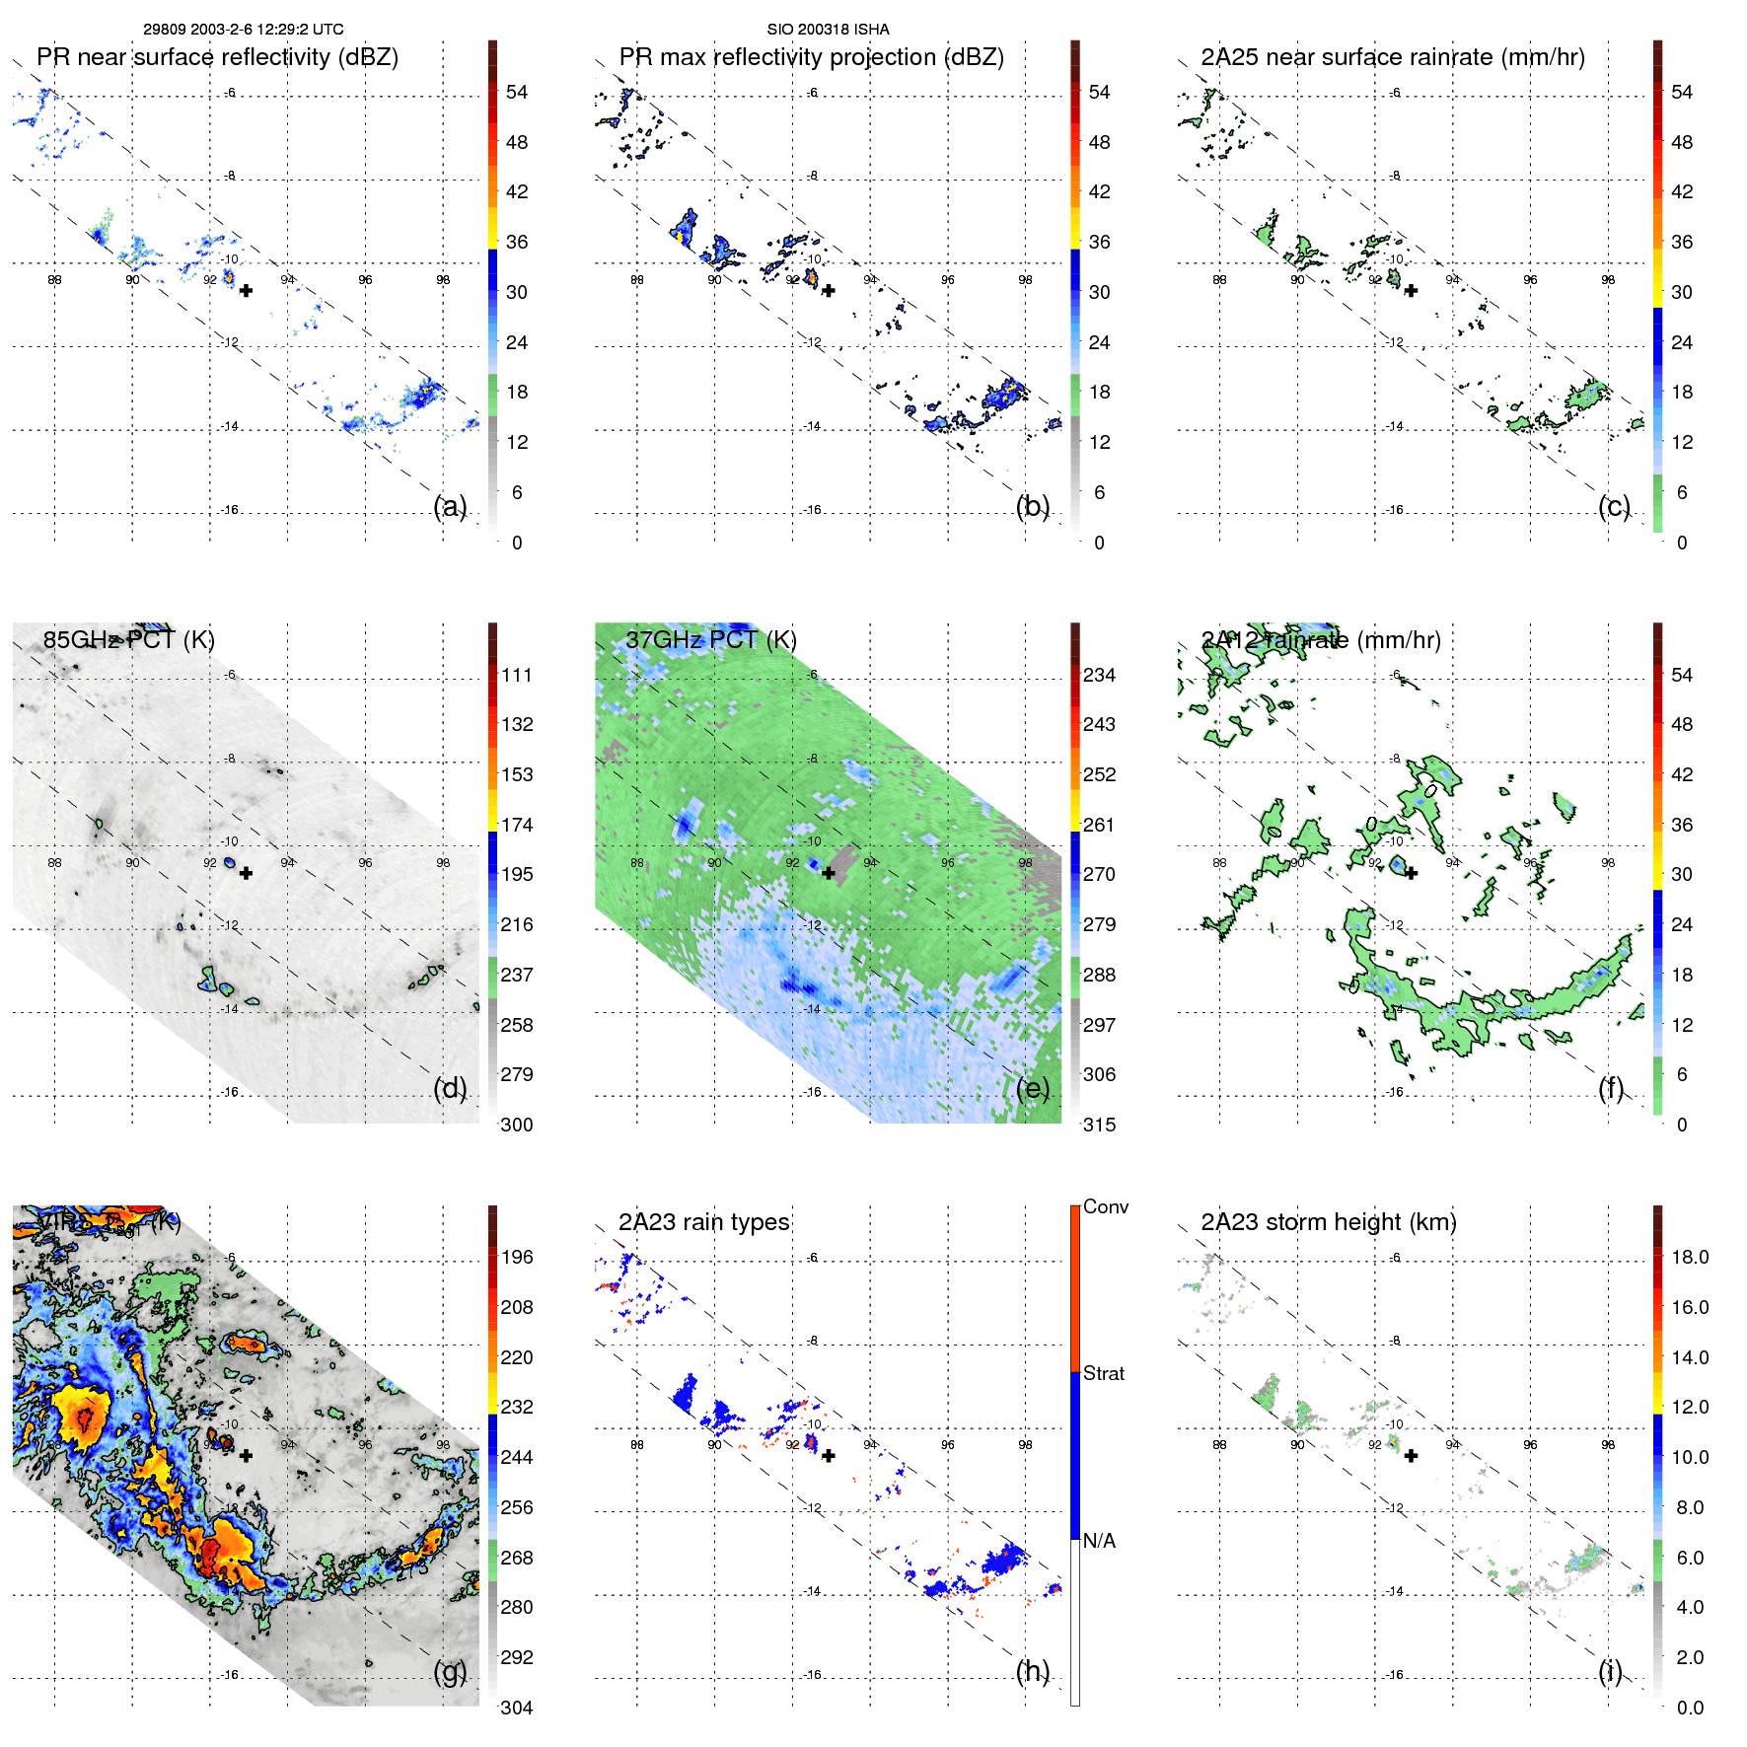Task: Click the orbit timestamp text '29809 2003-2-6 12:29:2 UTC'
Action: [243, 30]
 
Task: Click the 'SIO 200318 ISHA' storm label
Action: [828, 30]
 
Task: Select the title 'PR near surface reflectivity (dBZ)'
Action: [217, 57]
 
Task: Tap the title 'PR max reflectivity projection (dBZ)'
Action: [811, 57]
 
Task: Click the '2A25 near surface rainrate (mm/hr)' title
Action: [1392, 57]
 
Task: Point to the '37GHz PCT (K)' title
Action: [710, 640]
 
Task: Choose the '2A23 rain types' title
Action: [703, 1222]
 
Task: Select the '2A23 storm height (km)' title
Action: [1328, 1222]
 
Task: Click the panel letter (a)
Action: [450, 506]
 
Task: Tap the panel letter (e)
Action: [1033, 1088]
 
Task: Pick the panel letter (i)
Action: [1610, 1671]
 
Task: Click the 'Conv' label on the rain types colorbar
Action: [1105, 1206]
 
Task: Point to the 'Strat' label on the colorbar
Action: [1103, 1373]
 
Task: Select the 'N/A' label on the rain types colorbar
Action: [1099, 1541]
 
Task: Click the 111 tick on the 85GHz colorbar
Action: [517, 675]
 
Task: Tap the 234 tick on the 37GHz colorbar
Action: [1099, 675]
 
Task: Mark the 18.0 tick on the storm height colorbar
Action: [1689, 1257]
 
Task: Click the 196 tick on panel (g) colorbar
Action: [517, 1257]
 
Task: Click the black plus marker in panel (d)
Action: [246, 873]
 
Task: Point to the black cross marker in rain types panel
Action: [829, 1456]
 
